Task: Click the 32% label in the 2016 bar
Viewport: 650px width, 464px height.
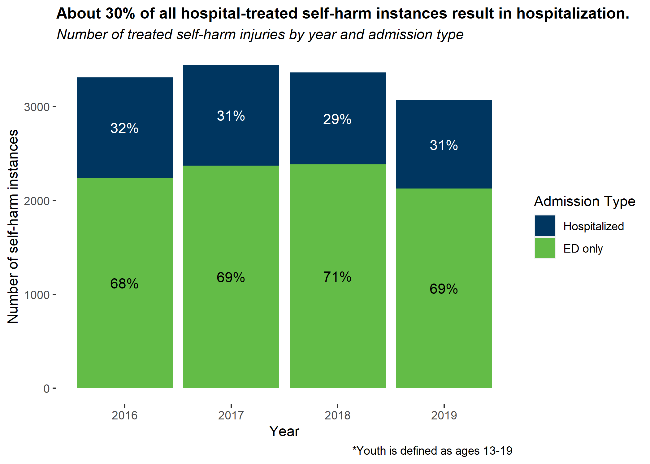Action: [x=124, y=128]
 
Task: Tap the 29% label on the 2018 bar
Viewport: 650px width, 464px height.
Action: [x=337, y=119]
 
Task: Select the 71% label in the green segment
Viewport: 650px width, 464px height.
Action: [x=337, y=277]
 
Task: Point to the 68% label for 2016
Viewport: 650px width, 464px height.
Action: [x=124, y=284]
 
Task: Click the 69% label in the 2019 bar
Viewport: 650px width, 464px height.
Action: [x=444, y=289]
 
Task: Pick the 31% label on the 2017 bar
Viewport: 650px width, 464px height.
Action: [x=231, y=116]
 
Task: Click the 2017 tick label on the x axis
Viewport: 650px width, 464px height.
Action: [x=231, y=415]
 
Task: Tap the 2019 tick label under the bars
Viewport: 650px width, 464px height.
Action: [x=444, y=415]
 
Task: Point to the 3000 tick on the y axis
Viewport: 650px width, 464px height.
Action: [x=37, y=107]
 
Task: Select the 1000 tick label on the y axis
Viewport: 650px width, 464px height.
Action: [x=37, y=295]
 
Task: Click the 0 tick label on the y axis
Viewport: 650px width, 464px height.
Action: [x=46, y=389]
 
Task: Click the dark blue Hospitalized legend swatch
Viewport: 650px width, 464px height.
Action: [x=545, y=226]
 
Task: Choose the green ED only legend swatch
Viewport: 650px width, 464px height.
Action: [x=545, y=248]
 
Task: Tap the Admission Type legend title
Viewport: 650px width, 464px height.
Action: [x=584, y=202]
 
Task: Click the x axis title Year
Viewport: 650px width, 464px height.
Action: [x=284, y=431]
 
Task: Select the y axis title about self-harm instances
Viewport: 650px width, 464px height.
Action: [x=13, y=226]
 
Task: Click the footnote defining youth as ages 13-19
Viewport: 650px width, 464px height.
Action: [x=432, y=451]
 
